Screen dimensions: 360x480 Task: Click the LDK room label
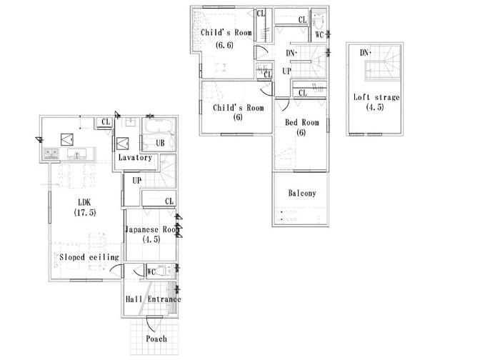[x=83, y=201]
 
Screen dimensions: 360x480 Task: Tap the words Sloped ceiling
[x=89, y=256]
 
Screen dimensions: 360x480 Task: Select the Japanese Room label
[x=151, y=229]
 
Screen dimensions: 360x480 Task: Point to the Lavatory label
[x=134, y=157]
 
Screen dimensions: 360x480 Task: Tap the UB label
[x=161, y=144]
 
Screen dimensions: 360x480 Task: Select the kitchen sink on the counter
[x=74, y=154]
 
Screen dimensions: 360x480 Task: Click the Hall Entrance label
[x=153, y=299]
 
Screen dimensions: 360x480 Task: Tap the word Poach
[x=156, y=338]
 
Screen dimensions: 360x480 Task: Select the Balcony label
[x=302, y=193]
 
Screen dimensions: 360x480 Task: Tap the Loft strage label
[x=376, y=97]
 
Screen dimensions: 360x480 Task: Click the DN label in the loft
[x=364, y=53]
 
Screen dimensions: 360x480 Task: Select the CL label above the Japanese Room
[x=169, y=201]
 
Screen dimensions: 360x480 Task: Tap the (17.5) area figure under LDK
[x=85, y=212]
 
